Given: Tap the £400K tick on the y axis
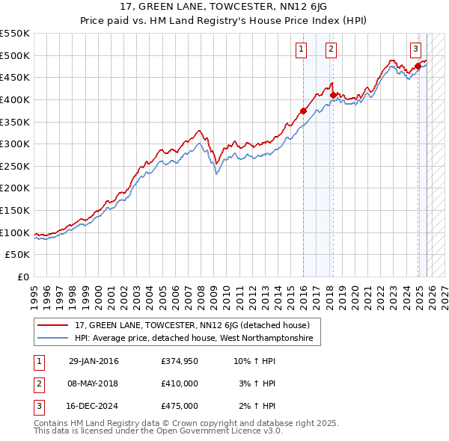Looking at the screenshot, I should (15, 99).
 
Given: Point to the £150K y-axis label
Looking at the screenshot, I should (15, 210).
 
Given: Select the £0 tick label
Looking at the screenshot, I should (22, 277).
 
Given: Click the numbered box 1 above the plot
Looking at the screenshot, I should (301, 49).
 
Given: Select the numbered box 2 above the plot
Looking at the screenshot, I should (330, 49).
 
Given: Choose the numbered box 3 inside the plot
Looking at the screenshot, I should (415, 49).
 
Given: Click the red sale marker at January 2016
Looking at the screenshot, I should (303, 111).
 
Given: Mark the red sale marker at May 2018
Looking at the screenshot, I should (332, 96).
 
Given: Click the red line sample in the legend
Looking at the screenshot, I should (53, 325).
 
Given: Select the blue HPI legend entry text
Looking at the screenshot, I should (198, 339).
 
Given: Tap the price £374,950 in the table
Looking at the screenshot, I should (179, 361).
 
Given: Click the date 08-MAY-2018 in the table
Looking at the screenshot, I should (94, 383).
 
